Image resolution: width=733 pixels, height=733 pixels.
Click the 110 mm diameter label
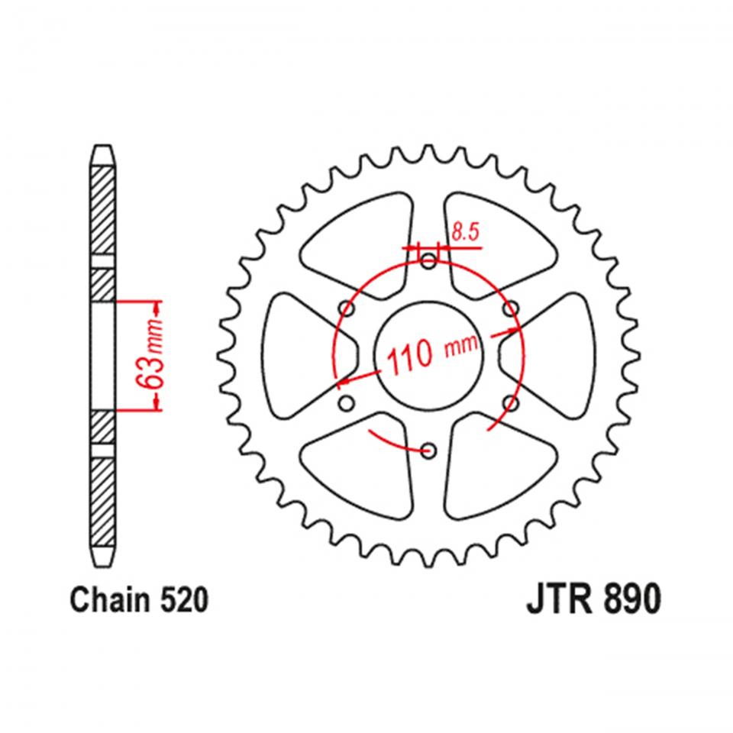pyautogui.click(x=432, y=354)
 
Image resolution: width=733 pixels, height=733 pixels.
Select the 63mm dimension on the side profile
pyautogui.click(x=153, y=356)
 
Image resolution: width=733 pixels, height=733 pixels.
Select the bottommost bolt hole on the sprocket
pyautogui.click(x=428, y=450)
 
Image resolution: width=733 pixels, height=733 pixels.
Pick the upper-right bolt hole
pyautogui.click(x=510, y=308)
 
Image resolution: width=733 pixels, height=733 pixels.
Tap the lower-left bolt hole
pyautogui.click(x=347, y=402)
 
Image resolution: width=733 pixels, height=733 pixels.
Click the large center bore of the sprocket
pyautogui.click(x=428, y=356)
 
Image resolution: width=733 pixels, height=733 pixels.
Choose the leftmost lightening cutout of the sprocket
pyautogui.click(x=298, y=356)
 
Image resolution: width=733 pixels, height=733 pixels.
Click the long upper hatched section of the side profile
pyautogui.click(x=104, y=206)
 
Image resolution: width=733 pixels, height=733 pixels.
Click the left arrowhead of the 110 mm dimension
pyautogui.click(x=345, y=379)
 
